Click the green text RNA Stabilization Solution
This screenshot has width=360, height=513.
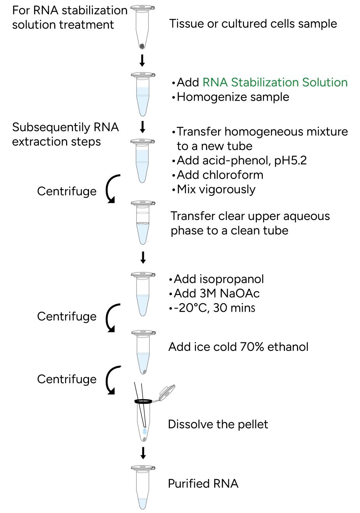point(275,82)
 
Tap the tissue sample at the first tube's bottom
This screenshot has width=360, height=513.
point(142,46)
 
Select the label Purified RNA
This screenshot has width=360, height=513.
point(203,483)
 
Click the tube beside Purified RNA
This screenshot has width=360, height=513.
point(143,487)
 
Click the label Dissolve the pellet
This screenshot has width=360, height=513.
point(218,424)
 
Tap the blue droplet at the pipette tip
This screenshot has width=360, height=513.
point(145,431)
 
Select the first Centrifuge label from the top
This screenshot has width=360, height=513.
point(66,191)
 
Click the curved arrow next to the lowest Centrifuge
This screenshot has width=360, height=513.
point(112,380)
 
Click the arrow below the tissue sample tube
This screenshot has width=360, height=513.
point(142,60)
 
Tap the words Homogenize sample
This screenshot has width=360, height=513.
point(233,97)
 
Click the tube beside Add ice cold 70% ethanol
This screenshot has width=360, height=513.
point(143,352)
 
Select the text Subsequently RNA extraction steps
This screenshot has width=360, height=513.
point(65,134)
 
